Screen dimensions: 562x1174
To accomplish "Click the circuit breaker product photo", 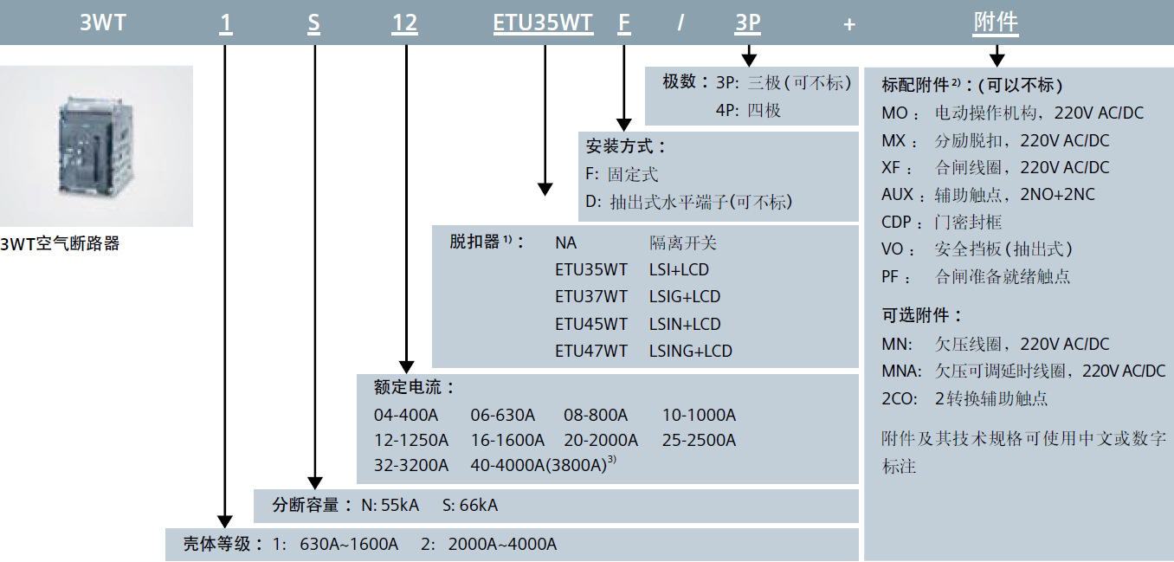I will coord(96,145).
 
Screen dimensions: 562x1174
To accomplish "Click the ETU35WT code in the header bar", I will coord(543,23).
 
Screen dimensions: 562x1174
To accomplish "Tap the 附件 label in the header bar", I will coord(996,23).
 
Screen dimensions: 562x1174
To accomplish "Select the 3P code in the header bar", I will coord(747,23).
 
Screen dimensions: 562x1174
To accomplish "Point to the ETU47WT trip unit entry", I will coord(591,351).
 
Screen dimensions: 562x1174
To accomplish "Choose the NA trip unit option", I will coord(566,242).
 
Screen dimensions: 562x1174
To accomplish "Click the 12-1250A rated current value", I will coord(411,440).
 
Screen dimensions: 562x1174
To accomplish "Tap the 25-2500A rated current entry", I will coord(699,440).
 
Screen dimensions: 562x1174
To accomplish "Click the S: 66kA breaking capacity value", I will coord(470,505).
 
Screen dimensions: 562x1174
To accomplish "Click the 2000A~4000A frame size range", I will coord(502,544).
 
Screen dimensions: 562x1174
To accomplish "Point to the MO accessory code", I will coord(895,113).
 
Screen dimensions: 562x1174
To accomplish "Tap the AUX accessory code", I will coord(897,194).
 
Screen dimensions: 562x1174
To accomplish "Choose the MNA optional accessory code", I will coord(900,371).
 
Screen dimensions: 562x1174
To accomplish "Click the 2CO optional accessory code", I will coord(898,398).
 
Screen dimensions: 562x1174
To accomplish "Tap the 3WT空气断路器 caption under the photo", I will coord(60,244).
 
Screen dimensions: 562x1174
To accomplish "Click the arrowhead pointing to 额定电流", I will coord(405,366).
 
